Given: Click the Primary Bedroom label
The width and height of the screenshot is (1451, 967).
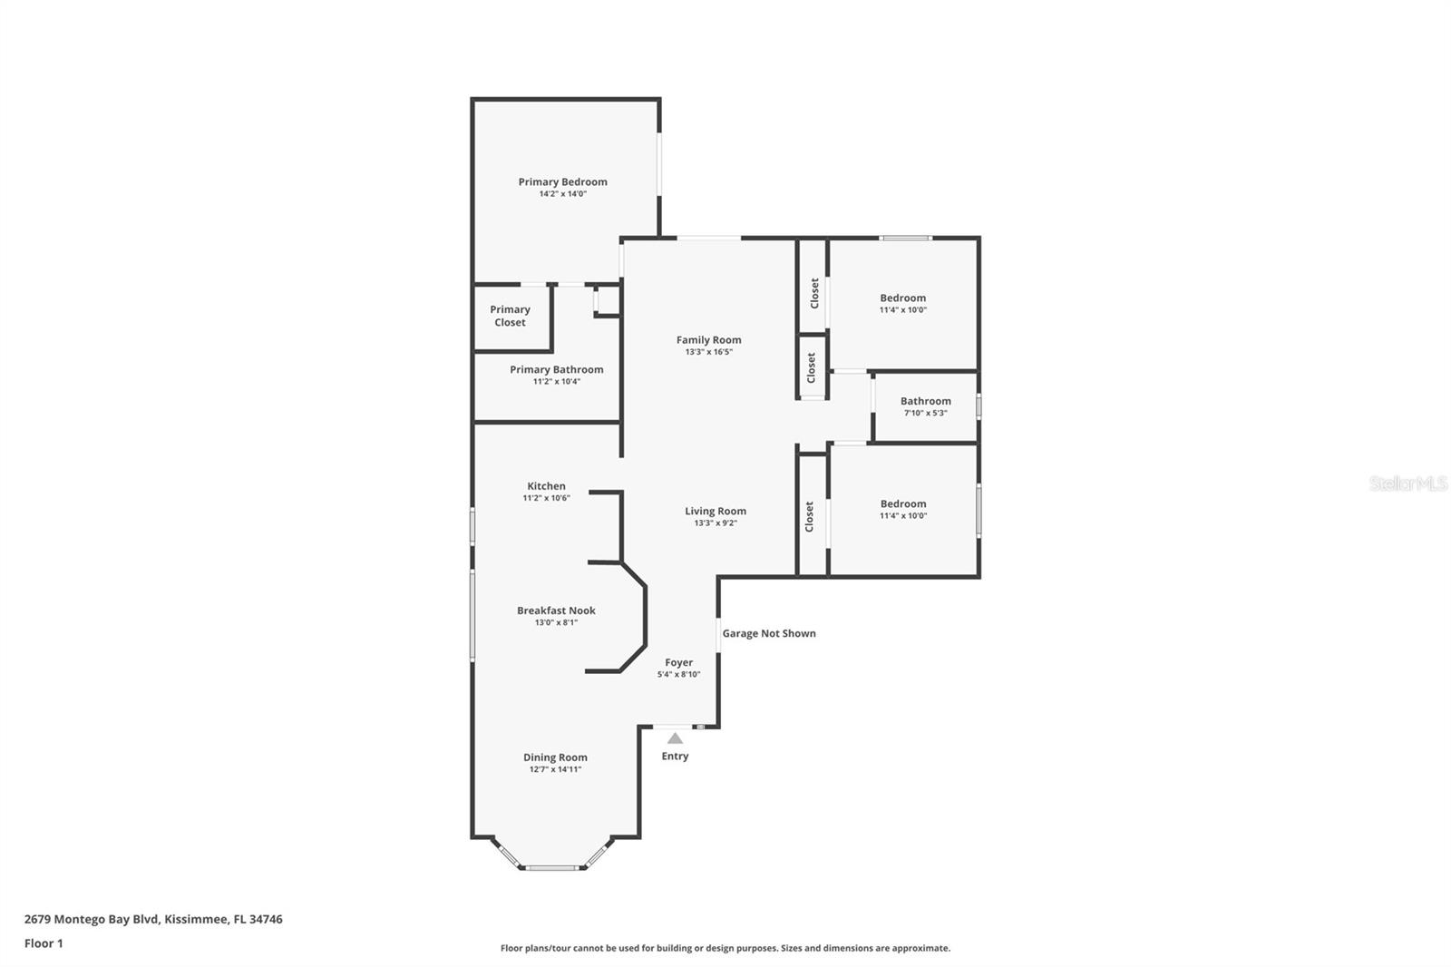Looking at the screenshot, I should (562, 181).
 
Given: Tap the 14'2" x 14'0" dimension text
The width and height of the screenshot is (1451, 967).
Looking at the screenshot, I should (562, 194).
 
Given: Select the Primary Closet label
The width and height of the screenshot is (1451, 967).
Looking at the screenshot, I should (510, 316).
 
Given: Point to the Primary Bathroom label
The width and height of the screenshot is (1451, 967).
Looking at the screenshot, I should (556, 369).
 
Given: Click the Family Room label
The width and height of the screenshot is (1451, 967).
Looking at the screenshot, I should (708, 340).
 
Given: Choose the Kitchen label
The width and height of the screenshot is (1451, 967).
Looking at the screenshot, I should (546, 486).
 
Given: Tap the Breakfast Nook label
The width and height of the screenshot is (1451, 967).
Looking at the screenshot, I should (556, 610).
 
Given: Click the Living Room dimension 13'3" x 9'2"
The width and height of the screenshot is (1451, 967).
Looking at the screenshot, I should (716, 523).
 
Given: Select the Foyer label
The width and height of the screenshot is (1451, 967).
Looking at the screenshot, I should (678, 662).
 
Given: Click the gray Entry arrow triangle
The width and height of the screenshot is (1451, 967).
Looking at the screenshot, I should (675, 738).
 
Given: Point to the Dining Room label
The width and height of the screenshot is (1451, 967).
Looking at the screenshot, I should (555, 757).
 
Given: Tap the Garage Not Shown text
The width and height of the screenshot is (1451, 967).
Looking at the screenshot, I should (769, 633).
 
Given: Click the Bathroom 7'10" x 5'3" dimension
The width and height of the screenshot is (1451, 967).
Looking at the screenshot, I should (925, 414).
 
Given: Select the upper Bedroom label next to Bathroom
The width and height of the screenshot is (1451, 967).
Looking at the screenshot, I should (902, 298).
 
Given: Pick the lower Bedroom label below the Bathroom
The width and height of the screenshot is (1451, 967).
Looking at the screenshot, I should (902, 503).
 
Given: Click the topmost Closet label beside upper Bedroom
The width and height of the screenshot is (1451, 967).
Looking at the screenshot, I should (814, 293).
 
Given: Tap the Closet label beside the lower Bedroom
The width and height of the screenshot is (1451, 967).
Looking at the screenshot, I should (809, 516).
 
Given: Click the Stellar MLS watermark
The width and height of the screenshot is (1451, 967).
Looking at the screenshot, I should (1407, 484).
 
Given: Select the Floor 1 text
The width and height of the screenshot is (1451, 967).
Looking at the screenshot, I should (44, 943).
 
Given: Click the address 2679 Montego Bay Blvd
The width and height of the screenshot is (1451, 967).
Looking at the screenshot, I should (152, 919).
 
